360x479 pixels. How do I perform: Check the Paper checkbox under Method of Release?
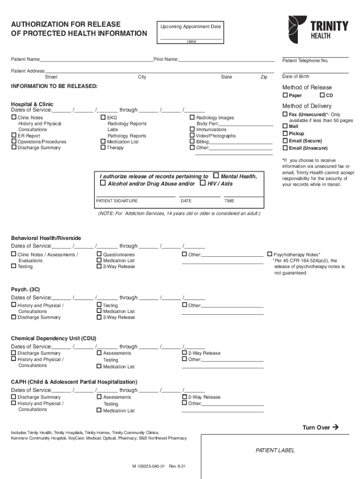click(x=285, y=95)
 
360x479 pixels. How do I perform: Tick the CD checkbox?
click(x=322, y=95)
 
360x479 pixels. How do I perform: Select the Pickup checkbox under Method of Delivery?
click(x=285, y=133)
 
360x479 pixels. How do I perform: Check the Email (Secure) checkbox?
click(x=285, y=141)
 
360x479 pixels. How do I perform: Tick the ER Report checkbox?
click(x=14, y=136)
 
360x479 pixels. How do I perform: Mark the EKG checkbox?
click(x=103, y=117)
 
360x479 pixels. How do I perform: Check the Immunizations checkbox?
click(x=192, y=129)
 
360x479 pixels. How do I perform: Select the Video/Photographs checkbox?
click(x=192, y=136)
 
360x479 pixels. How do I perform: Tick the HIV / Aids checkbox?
click(x=202, y=183)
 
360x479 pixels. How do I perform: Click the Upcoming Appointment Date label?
click(x=191, y=27)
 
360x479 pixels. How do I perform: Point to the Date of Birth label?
click(x=295, y=77)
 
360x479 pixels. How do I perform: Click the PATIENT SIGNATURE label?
click(x=117, y=201)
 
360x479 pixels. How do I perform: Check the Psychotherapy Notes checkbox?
click(x=269, y=254)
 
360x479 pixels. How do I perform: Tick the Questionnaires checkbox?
click(x=99, y=254)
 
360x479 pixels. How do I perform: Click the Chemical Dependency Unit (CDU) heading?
click(x=54, y=338)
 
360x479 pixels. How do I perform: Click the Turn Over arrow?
click(x=334, y=427)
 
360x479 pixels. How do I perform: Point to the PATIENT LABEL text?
click(x=275, y=450)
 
